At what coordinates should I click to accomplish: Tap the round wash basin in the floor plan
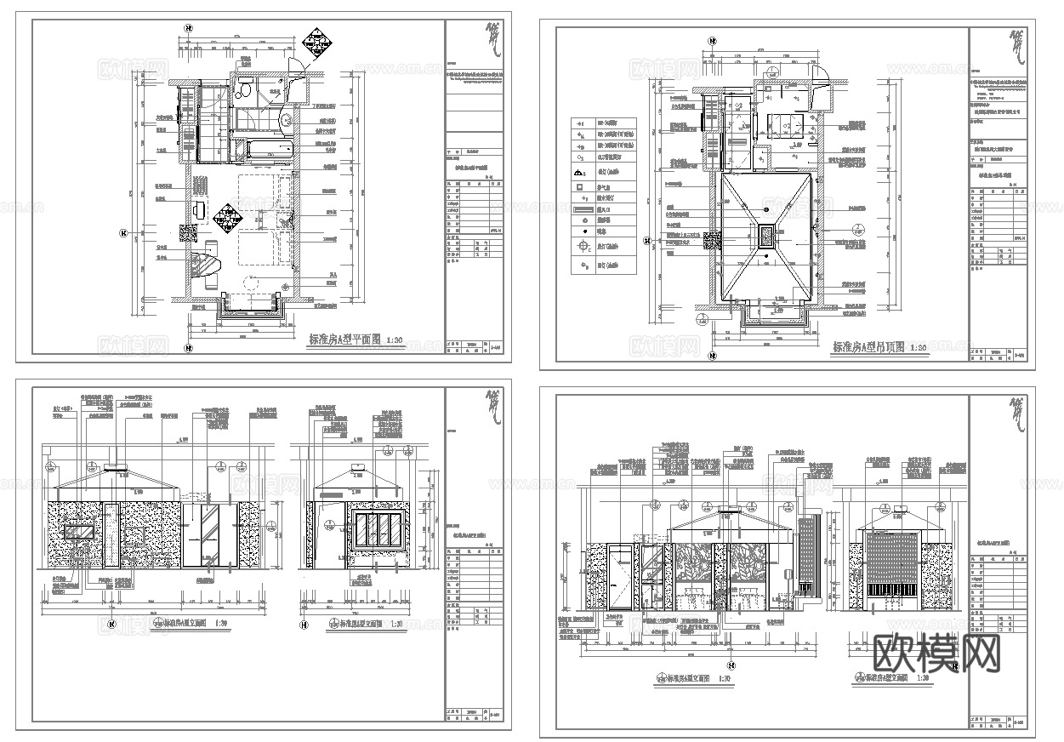(x=287, y=119)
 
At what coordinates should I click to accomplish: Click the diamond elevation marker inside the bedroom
(x=229, y=218)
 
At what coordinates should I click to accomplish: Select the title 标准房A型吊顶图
(x=870, y=347)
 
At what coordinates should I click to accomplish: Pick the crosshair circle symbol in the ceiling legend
(x=583, y=247)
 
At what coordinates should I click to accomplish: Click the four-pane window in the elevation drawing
(x=378, y=530)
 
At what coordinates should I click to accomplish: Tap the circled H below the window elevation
(x=304, y=625)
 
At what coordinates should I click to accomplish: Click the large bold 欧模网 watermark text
(x=936, y=654)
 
